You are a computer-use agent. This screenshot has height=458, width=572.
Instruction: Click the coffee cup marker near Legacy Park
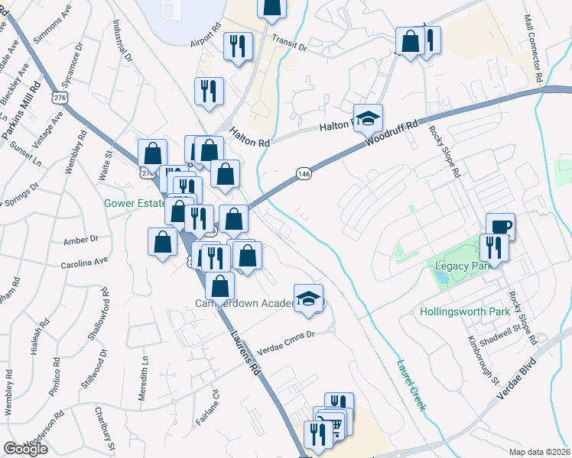(x=500, y=226)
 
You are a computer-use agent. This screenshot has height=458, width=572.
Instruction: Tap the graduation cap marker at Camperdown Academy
(x=309, y=298)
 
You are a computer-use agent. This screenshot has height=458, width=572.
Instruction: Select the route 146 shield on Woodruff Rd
(x=304, y=174)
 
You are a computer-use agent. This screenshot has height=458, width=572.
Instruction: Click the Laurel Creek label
(x=410, y=385)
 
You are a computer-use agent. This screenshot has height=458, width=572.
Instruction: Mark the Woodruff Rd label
(x=392, y=133)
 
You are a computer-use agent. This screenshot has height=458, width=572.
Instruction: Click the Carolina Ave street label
(x=85, y=263)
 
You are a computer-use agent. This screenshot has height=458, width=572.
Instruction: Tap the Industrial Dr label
(x=123, y=43)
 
